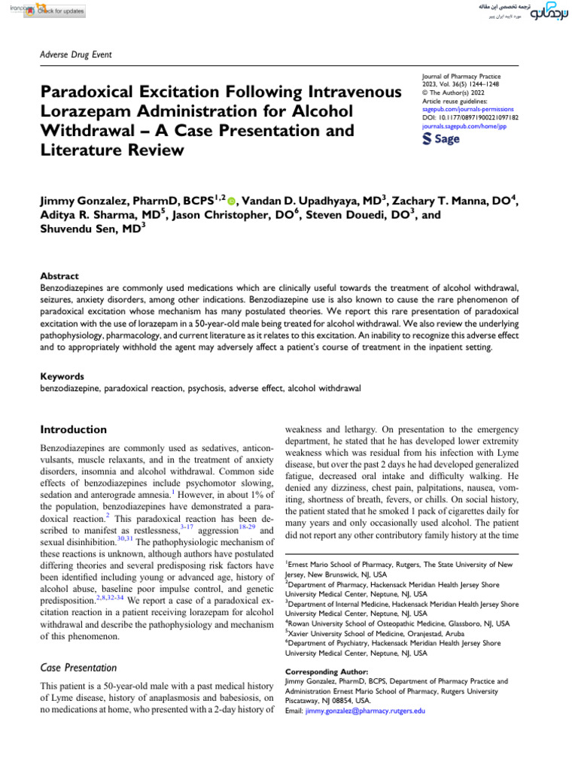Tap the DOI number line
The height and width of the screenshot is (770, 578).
click(x=470, y=118)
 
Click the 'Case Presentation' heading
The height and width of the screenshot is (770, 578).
click(x=78, y=667)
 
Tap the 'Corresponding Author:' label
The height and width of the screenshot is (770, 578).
click(x=327, y=671)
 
